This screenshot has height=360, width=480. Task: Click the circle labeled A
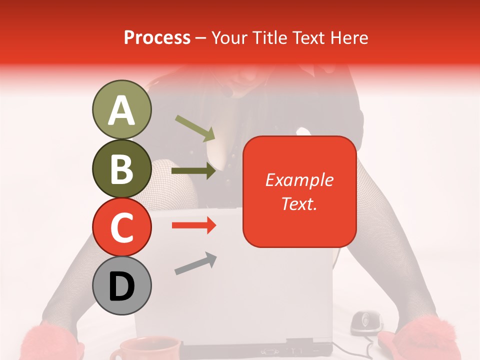point(121,109)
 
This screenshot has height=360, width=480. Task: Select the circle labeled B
point(121,168)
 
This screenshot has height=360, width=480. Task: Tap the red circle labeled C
point(121,227)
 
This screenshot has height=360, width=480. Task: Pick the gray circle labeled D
point(121,285)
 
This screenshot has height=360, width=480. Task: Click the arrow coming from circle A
point(195,128)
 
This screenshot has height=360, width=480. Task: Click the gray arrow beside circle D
point(195,263)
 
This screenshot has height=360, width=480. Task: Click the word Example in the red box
point(299,179)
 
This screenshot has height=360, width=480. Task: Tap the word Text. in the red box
point(299,203)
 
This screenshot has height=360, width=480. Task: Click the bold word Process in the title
point(157,37)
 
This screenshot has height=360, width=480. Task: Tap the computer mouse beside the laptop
point(365,322)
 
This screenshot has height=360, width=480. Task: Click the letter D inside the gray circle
point(121,286)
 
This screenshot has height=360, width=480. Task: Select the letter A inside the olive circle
point(121,110)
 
